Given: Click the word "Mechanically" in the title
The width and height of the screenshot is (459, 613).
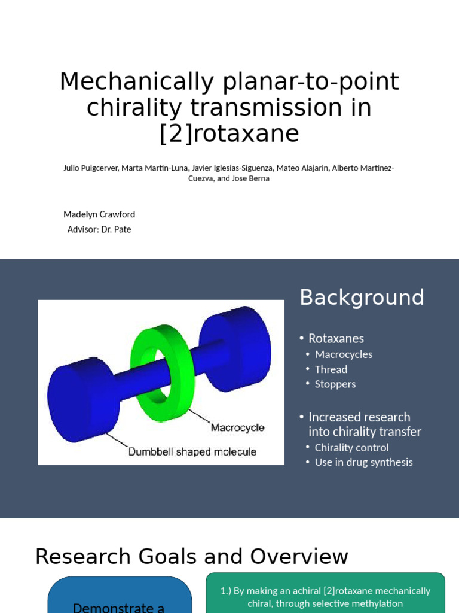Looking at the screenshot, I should pyautogui.click(x=136, y=82).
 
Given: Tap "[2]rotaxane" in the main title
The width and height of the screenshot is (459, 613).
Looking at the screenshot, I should pyautogui.click(x=229, y=133).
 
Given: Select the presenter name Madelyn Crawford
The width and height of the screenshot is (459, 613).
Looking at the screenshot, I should pyautogui.click(x=99, y=214).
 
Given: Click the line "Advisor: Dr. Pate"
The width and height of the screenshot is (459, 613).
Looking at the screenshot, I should pyautogui.click(x=99, y=229).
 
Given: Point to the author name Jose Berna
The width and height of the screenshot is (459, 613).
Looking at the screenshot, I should pyautogui.click(x=250, y=178).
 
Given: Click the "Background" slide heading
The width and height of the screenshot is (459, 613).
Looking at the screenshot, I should pyautogui.click(x=362, y=298).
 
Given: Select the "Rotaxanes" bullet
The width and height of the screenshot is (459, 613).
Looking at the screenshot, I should pyautogui.click(x=336, y=338).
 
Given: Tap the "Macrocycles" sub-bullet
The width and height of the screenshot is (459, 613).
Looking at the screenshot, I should pyautogui.click(x=344, y=354).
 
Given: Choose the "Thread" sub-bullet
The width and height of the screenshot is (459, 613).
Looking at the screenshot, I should pyautogui.click(x=331, y=369).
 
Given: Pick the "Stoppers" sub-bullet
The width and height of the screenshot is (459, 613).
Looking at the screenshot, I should pyautogui.click(x=335, y=384).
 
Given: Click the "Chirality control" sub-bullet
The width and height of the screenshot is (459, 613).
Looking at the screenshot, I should pyautogui.click(x=351, y=447).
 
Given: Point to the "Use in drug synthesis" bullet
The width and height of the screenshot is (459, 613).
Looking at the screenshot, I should pyautogui.click(x=363, y=462).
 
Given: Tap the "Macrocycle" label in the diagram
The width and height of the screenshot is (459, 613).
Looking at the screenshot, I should pyautogui.click(x=237, y=428).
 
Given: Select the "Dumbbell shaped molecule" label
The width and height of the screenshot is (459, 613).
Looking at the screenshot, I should pyautogui.click(x=192, y=451).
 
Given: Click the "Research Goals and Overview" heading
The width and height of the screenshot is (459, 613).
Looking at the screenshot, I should pyautogui.click(x=191, y=557).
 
